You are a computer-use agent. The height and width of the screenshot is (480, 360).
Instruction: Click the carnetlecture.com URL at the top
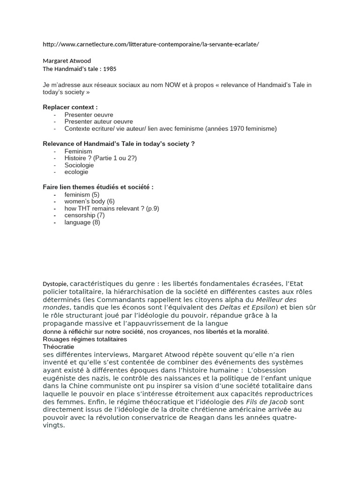[x=150, y=44]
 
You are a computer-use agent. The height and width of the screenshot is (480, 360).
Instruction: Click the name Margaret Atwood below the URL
[x=67, y=60]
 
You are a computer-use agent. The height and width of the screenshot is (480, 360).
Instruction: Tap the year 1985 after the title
[x=110, y=69]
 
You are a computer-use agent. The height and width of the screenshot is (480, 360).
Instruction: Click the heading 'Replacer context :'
[x=70, y=107]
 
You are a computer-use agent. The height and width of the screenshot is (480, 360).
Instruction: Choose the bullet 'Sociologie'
[x=79, y=165]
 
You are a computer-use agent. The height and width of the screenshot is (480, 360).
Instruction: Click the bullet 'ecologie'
[x=76, y=172]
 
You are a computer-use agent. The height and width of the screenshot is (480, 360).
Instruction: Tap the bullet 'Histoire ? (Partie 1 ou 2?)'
[x=100, y=158]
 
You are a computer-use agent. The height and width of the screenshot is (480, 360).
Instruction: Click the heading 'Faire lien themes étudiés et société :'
[x=98, y=187]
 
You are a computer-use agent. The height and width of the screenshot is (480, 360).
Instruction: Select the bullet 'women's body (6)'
[x=89, y=201]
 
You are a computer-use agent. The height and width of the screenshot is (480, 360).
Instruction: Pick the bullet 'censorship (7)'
[x=84, y=215]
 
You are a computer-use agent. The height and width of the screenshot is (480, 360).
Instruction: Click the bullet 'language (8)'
[x=82, y=222]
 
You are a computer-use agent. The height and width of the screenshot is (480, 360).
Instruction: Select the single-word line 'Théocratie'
[x=58, y=347]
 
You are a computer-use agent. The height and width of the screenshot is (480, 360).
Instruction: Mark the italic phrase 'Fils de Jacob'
[x=266, y=402]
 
